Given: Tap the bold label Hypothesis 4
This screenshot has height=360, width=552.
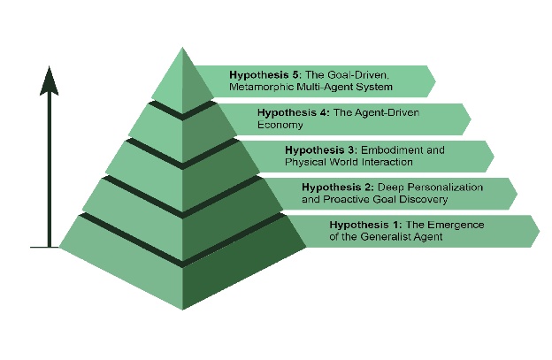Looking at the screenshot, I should (287, 113).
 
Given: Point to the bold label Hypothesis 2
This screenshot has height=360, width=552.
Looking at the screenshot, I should (337, 188).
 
